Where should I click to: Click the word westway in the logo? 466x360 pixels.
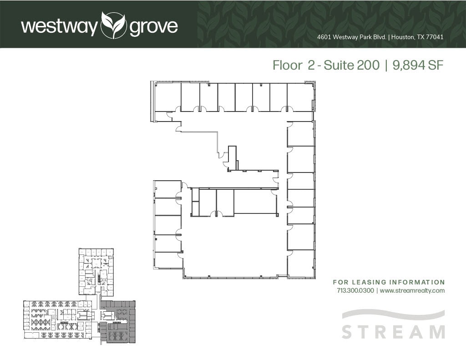[x=59, y=27]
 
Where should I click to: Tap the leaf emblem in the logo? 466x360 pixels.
[x=113, y=25]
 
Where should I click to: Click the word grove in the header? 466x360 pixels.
[x=153, y=27]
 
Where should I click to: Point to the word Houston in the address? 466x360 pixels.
[x=403, y=37]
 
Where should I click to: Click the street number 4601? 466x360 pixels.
[x=324, y=37]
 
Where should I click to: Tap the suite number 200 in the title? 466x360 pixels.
[x=368, y=66]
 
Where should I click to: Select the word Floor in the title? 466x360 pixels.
[x=287, y=66]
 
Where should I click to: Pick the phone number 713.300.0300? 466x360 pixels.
[x=355, y=290]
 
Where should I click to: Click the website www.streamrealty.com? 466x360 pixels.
[x=412, y=290]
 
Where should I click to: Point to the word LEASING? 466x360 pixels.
[x=370, y=282]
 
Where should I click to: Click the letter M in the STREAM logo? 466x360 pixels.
[x=436, y=332]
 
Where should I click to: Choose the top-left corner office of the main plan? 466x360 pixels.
[x=167, y=96]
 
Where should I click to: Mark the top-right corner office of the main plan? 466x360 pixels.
[x=300, y=96]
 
